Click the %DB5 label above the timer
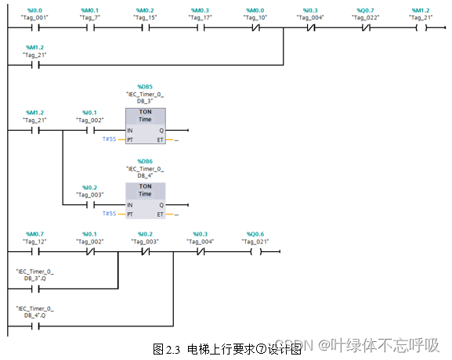click(x=145, y=86)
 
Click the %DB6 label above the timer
click(x=145, y=162)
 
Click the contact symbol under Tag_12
click(x=35, y=253)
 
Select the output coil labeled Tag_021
click(x=255, y=253)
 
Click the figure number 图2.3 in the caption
click(x=167, y=348)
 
